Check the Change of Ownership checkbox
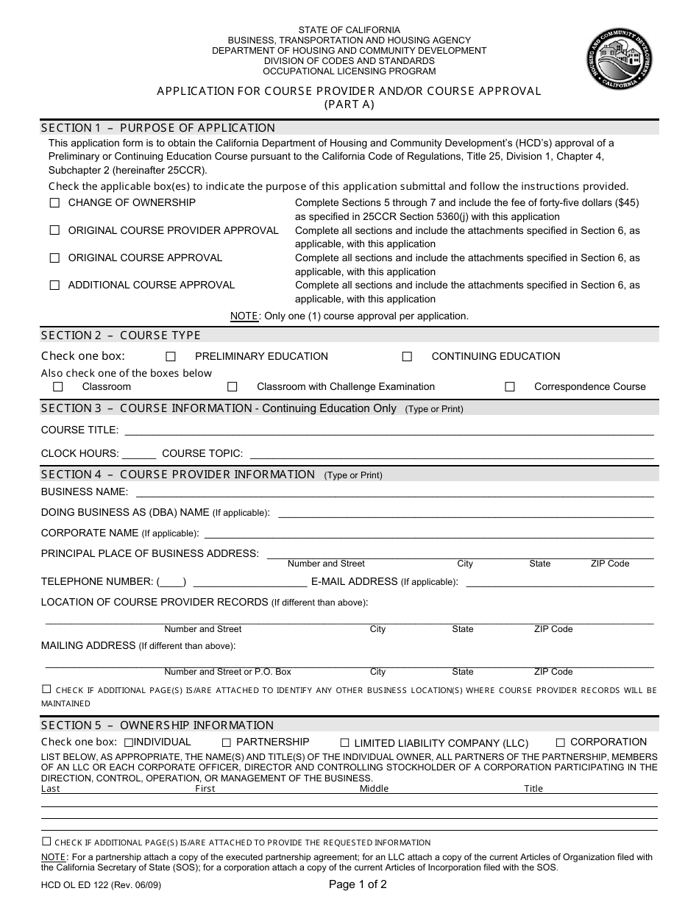coord(54,202)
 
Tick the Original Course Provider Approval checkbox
coord(54,230)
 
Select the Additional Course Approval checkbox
coord(54,285)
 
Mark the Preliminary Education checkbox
coord(171,356)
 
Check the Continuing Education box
coord(407,356)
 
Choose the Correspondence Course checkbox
coord(510,386)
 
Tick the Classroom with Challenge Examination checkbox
coord(233,386)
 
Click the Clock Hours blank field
coord(139,455)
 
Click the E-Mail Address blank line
coord(559,583)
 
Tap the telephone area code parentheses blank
coord(171,582)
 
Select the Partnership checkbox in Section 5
coord(227,742)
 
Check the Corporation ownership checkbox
coord(561,742)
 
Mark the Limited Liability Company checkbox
coord(344,743)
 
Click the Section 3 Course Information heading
coord(218,408)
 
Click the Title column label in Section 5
coord(533,788)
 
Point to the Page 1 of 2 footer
coord(358,884)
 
